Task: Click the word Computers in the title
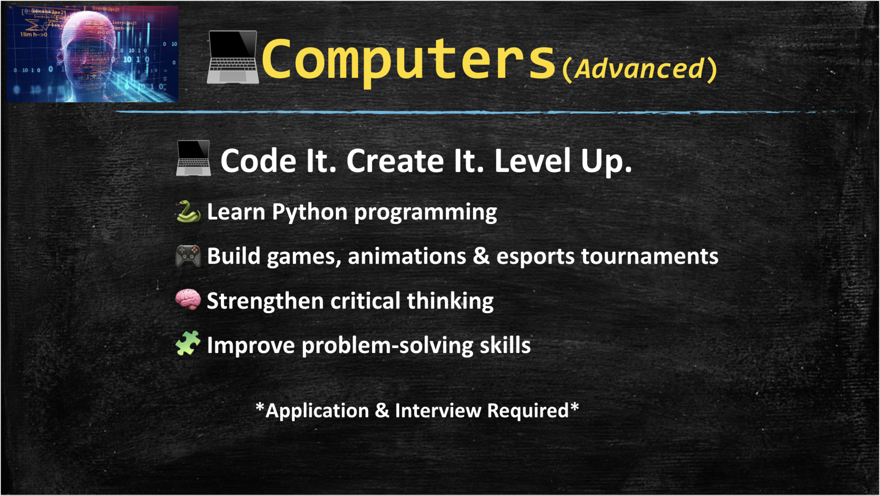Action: [x=408, y=60]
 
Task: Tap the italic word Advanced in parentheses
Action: [x=639, y=69]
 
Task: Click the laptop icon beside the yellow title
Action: [x=233, y=57]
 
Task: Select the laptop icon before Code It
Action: [x=193, y=158]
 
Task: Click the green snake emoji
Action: [x=188, y=212]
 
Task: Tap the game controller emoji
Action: [x=188, y=256]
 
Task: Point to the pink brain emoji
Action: [x=188, y=300]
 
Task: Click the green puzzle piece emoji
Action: [x=188, y=343]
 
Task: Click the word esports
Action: [x=535, y=256]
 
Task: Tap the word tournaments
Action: [x=649, y=256]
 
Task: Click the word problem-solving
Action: [x=387, y=345]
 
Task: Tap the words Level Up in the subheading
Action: [x=563, y=161]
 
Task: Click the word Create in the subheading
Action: [x=396, y=161]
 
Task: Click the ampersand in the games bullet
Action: [x=481, y=256]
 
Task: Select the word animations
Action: [x=407, y=256]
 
